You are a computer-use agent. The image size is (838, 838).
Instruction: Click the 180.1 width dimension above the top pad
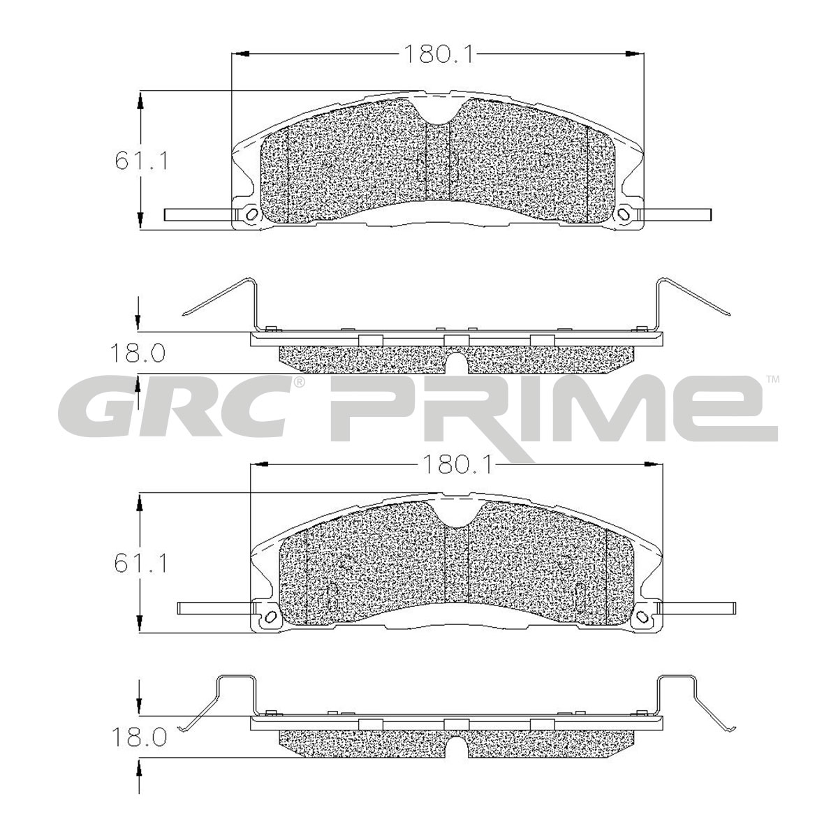coord(437,54)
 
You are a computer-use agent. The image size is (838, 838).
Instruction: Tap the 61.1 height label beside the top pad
coord(141,161)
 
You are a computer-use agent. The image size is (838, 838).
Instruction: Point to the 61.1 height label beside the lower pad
coord(141,564)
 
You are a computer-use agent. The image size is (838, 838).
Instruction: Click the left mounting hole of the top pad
coord(250,214)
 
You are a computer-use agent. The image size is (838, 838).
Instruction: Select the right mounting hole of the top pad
coord(624,214)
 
